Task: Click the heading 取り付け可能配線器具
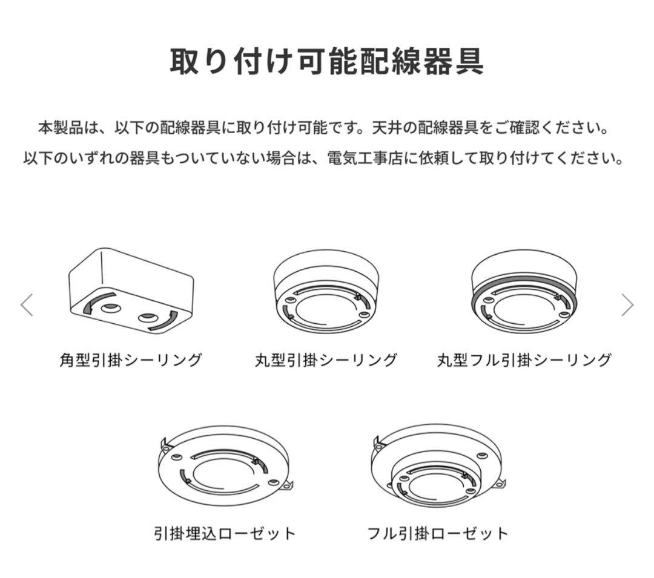[326, 61]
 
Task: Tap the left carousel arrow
[27, 305]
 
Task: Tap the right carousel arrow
[627, 305]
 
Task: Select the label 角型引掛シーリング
[131, 360]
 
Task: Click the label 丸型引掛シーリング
[326, 360]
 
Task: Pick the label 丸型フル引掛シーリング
[524, 360]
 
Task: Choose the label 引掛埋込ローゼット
[225, 533]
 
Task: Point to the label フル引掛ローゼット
[438, 533]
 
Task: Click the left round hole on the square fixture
[110, 309]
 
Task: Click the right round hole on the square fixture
[147, 318]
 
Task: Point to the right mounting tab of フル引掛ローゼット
[500, 482]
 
